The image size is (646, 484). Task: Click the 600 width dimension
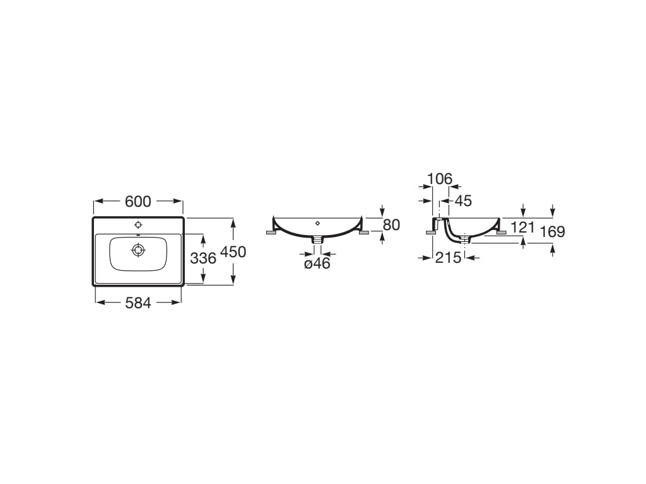138,202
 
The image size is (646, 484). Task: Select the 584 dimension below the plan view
138,303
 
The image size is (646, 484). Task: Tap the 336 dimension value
203,258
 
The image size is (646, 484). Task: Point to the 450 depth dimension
233,252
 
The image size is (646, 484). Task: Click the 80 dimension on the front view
391,225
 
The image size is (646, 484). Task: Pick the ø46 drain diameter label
317,263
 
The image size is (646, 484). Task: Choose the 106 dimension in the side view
440,179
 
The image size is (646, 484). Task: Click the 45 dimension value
463,201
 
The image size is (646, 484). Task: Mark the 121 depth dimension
522,227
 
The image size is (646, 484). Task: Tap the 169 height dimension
553,232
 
